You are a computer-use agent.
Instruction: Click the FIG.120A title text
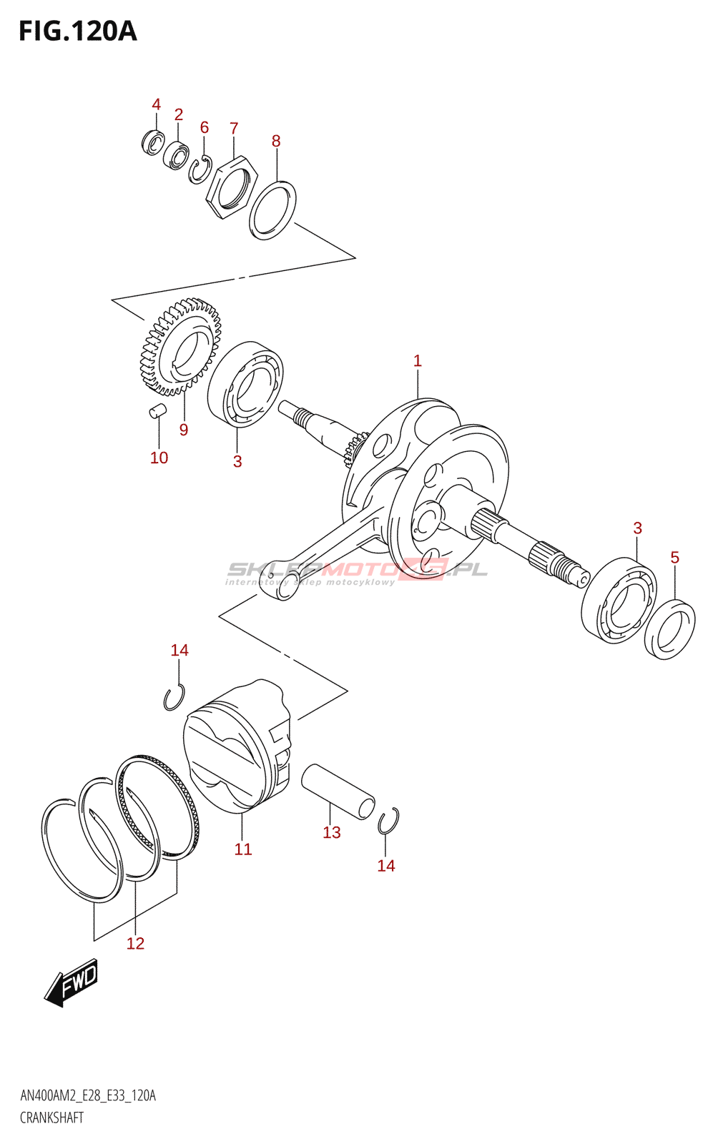click(77, 31)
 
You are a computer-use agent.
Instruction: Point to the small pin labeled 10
click(157, 410)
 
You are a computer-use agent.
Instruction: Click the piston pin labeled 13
click(338, 791)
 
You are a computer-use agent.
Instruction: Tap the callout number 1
click(418, 361)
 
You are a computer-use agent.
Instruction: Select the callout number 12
click(135, 944)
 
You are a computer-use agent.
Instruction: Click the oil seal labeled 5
click(669, 628)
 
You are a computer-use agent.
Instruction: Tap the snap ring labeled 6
click(200, 170)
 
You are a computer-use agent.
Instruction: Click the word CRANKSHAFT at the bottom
click(51, 1118)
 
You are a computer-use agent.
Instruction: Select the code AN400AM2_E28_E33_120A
click(88, 1096)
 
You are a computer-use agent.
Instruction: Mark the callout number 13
click(332, 833)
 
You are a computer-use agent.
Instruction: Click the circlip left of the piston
click(174, 698)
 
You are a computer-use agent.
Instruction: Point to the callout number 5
click(674, 558)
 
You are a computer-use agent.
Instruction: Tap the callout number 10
click(159, 458)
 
